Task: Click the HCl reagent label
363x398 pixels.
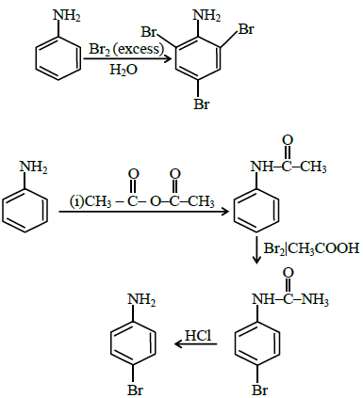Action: pyautogui.click(x=198, y=336)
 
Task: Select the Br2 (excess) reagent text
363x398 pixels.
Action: pyautogui.click(x=126, y=50)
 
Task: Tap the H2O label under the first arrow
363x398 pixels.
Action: pyautogui.click(x=124, y=70)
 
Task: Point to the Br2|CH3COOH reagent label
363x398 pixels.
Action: pyautogui.click(x=311, y=248)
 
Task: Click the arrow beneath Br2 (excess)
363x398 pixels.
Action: pyautogui.click(x=127, y=59)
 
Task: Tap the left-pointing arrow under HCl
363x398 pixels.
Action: pyautogui.click(x=196, y=344)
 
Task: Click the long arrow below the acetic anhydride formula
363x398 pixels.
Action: pyautogui.click(x=144, y=212)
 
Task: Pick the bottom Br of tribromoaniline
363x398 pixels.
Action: pyautogui.click(x=201, y=104)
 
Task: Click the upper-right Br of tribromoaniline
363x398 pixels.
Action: pyautogui.click(x=246, y=29)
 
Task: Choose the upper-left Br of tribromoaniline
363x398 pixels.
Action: pyautogui.click(x=148, y=32)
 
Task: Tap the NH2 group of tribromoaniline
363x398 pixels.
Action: pyautogui.click(x=206, y=16)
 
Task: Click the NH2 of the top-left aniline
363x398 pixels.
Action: pyautogui.click(x=66, y=16)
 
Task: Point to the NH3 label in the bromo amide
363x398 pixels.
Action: pyautogui.click(x=315, y=300)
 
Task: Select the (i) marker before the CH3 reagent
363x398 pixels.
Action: pyautogui.click(x=76, y=201)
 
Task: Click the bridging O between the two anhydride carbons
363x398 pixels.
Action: pyautogui.click(x=156, y=201)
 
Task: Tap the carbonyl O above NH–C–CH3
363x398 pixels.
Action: pyautogui.click(x=288, y=140)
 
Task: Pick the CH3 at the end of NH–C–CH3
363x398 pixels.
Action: pyautogui.click(x=313, y=167)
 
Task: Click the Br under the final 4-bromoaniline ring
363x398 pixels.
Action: pyautogui.click(x=136, y=390)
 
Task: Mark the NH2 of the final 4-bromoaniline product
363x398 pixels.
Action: pyautogui.click(x=141, y=299)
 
